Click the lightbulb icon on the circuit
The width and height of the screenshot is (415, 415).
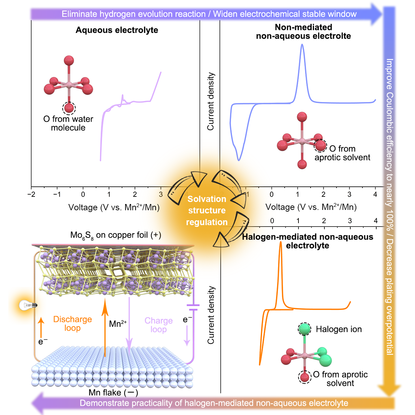(28, 305)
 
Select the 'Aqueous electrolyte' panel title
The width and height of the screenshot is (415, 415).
(117, 30)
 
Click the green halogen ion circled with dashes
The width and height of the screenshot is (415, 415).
(305, 329)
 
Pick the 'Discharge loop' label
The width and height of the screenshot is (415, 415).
(73, 323)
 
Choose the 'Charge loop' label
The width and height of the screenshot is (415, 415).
(158, 325)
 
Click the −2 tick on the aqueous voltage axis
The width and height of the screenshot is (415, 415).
(31, 194)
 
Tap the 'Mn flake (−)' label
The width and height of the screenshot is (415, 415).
(113, 393)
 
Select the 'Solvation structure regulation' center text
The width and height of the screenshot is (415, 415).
(207, 210)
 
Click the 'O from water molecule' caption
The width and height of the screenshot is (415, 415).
(68, 123)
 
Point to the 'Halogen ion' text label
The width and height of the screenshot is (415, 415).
(339, 329)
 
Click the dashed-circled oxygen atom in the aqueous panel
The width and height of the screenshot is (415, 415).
(69, 108)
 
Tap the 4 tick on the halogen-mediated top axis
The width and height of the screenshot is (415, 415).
(376, 221)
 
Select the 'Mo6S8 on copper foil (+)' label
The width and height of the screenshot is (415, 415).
(116, 235)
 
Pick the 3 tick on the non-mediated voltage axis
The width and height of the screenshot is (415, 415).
(349, 194)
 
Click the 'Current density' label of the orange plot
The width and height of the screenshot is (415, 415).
(211, 315)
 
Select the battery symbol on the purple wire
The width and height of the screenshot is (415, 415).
(193, 307)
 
